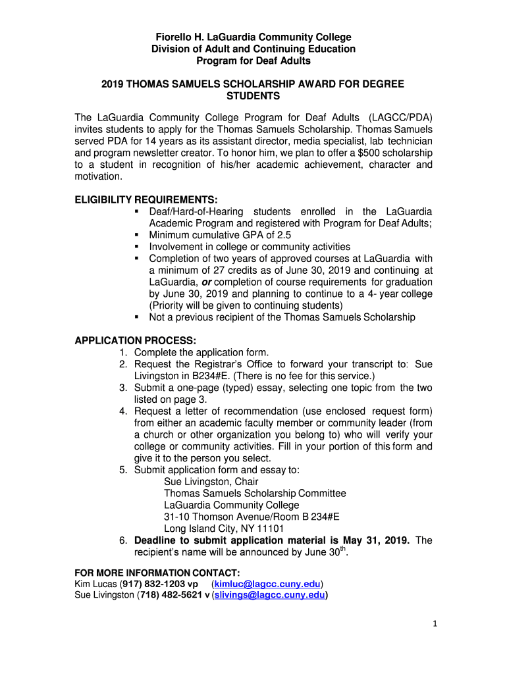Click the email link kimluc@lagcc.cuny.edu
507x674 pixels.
click(267, 584)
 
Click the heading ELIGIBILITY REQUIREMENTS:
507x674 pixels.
click(146, 199)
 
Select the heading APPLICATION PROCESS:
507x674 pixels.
click(135, 340)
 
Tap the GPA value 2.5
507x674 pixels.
click(284, 235)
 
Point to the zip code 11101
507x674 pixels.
click(271, 529)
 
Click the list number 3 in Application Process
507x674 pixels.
click(123, 388)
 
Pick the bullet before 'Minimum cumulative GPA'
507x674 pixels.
click(136, 235)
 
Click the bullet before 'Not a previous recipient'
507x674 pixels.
click(136, 317)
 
